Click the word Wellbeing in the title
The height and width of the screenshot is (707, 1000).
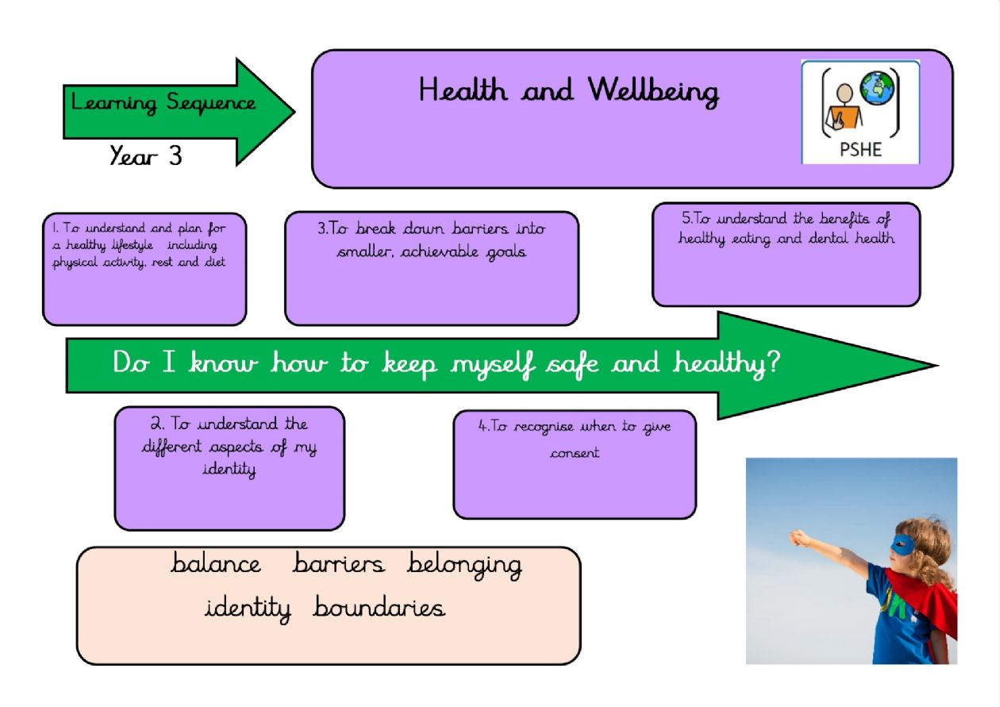[653, 91]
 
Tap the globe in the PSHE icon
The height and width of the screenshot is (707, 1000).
[877, 89]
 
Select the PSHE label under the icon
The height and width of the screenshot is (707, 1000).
[860, 149]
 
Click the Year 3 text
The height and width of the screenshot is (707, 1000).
[146, 156]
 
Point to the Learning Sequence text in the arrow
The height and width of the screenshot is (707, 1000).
[163, 102]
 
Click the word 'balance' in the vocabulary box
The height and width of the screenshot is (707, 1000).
[216, 563]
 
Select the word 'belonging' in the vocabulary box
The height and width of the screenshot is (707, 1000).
[464, 566]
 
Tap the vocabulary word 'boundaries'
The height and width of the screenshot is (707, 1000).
[379, 606]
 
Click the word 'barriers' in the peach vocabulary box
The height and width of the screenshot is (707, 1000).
[338, 563]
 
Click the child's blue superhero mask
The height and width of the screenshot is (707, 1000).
[902, 545]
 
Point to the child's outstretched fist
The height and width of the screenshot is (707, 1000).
[799, 538]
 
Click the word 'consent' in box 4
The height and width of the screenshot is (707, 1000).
[575, 454]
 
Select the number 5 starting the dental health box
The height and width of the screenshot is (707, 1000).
[687, 217]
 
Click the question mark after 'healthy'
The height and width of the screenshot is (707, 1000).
[774, 361]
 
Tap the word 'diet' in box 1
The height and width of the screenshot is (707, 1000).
[215, 262]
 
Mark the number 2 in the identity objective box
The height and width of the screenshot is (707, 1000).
[156, 423]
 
